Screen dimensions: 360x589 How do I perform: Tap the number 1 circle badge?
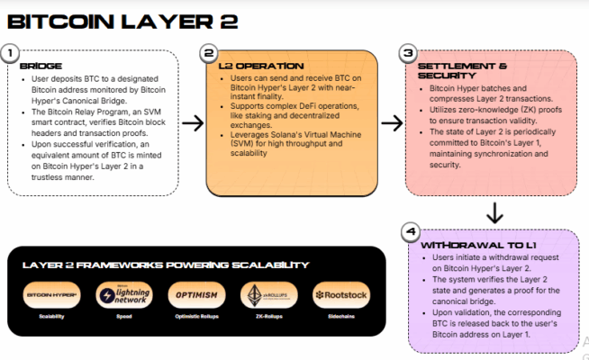click(10, 53)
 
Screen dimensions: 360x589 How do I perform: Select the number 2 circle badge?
click(209, 53)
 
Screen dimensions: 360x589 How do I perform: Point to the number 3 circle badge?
click(407, 53)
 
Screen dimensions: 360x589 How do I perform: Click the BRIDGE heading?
click(41, 67)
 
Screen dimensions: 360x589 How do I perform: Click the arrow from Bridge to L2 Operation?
click(192, 121)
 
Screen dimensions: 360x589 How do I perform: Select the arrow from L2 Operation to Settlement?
click(390, 121)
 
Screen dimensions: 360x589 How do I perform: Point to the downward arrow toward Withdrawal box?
click(494, 213)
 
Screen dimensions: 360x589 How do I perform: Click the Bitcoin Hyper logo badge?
click(50, 295)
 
